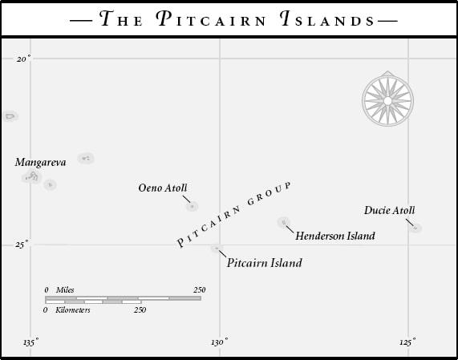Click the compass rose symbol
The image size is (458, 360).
[x=387, y=99]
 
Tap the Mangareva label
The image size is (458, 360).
[x=40, y=162]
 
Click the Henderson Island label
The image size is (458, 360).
[x=335, y=237]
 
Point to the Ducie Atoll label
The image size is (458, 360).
[x=390, y=211]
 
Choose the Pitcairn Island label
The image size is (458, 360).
[x=265, y=262]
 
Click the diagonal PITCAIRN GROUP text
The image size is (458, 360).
[x=232, y=215]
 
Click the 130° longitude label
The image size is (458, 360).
[x=218, y=343]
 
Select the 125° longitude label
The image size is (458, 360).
[x=407, y=343]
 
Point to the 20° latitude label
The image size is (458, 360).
[x=23, y=59]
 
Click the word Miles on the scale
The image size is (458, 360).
[x=65, y=289]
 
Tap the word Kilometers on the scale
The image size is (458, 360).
[x=73, y=309]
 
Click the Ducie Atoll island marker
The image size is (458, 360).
[x=415, y=229]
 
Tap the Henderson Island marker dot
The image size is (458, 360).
[x=283, y=222]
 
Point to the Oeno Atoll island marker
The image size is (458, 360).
[x=192, y=206]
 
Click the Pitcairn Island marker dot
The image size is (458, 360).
[x=215, y=249]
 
